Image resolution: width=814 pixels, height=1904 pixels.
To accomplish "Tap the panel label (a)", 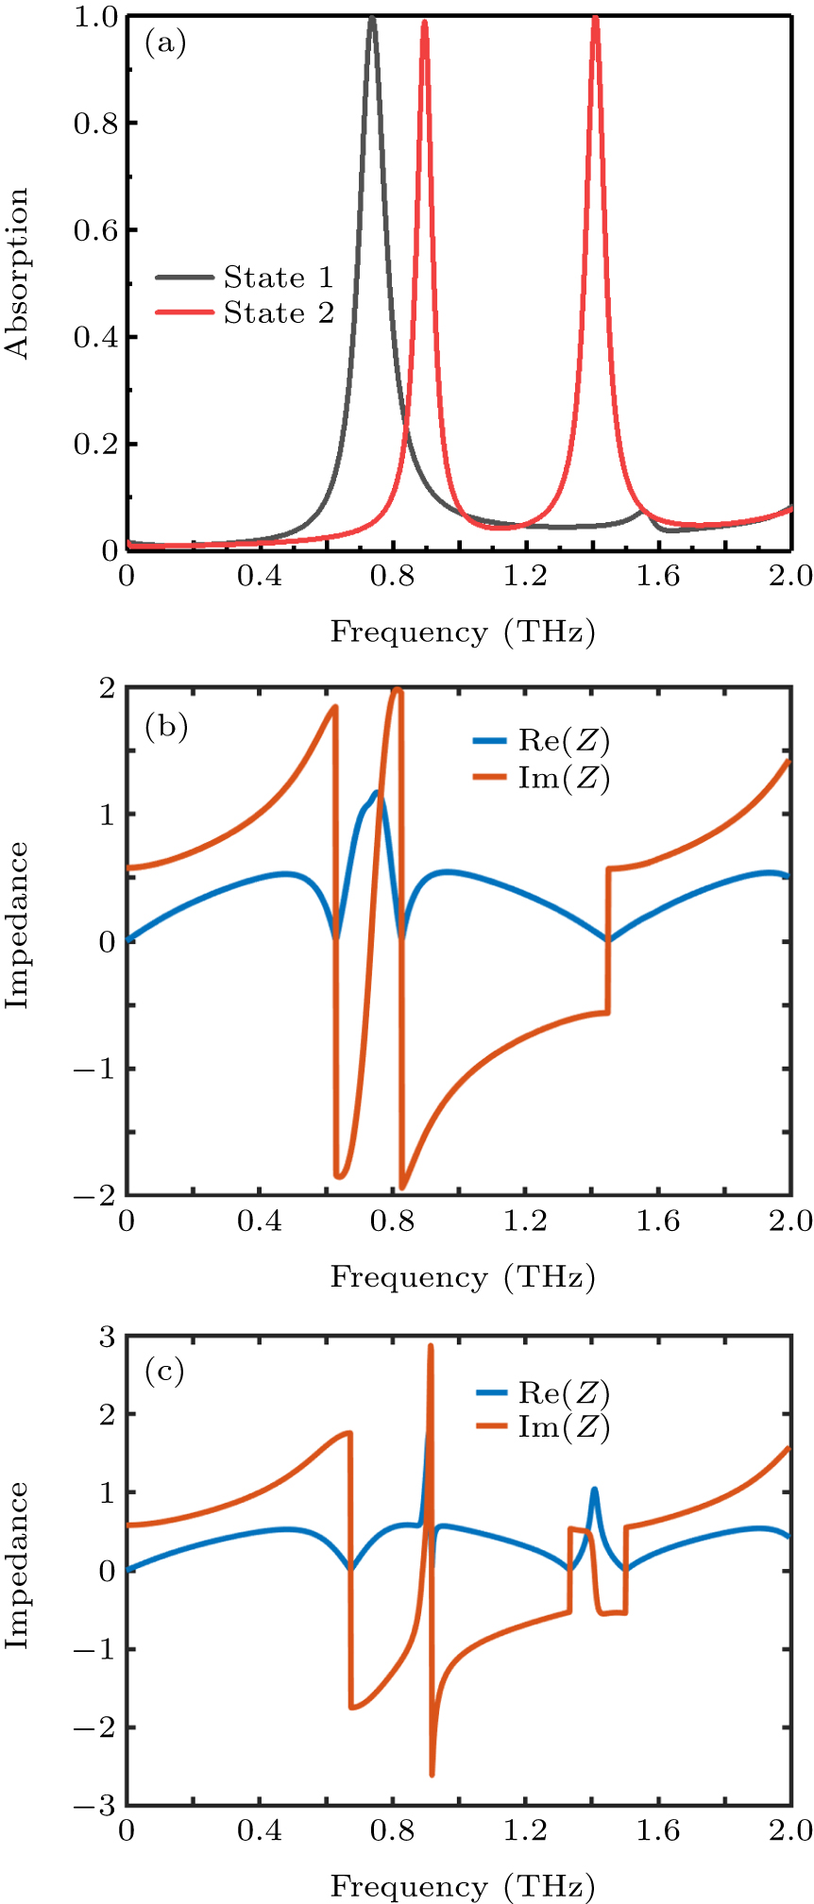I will (x=165, y=43).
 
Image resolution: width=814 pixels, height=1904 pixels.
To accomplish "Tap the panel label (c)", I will (x=165, y=1370).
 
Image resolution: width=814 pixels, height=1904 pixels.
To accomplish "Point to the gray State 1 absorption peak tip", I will (x=372, y=18).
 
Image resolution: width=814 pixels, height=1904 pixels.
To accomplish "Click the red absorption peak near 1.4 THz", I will (x=595, y=19).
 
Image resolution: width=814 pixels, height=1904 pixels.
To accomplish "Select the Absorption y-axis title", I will (x=18, y=274).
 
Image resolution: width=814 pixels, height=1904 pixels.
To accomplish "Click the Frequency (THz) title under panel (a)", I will (x=463, y=632).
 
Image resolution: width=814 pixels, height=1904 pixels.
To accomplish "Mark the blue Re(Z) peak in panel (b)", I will (x=376, y=793).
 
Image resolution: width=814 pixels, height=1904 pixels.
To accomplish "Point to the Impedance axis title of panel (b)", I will (x=18, y=925).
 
